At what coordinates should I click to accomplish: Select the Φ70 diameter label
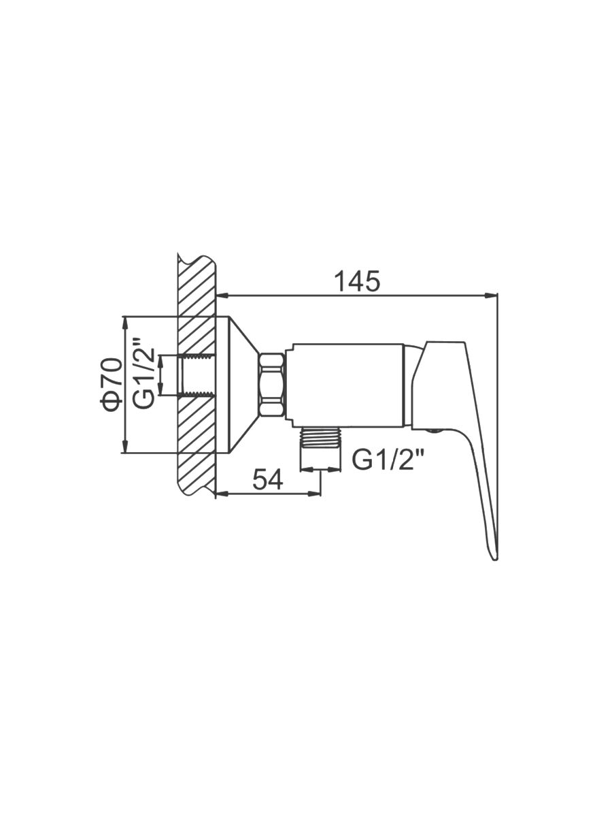click(111, 385)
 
